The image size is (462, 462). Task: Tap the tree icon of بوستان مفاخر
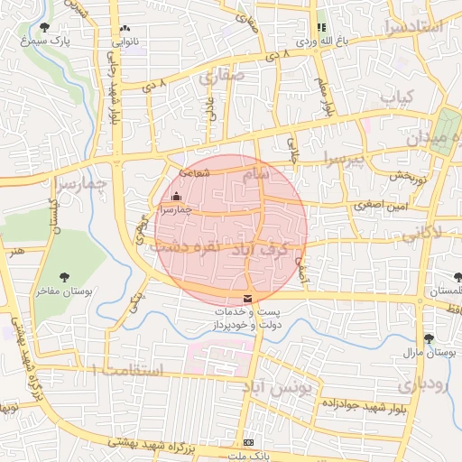[x=64, y=277]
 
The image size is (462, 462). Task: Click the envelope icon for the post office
[x=247, y=299]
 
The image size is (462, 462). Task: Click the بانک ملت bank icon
[x=248, y=443]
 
